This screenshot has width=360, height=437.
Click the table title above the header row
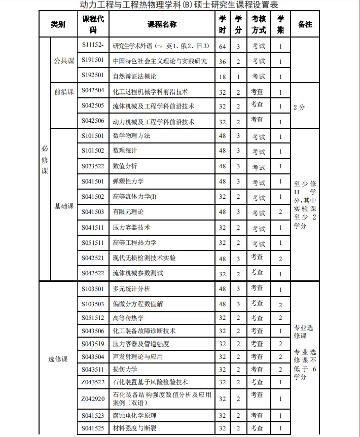tap(179, 5)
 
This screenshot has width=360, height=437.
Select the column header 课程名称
tap(162, 24)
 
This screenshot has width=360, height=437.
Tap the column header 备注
tap(305, 24)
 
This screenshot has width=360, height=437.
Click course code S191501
tap(93, 60)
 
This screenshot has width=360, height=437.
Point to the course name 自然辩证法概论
tap(134, 76)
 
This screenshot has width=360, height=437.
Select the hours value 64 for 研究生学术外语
tap(222, 46)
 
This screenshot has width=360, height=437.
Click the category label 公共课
tap(64, 61)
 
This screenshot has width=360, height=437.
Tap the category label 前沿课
tap(64, 92)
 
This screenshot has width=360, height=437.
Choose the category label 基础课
tap(64, 206)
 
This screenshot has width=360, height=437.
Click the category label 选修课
tap(58, 359)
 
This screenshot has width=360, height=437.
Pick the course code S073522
tap(93, 166)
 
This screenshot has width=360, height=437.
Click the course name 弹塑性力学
tap(128, 181)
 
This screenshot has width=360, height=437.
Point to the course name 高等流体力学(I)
tap(134, 197)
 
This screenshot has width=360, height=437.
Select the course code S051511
tap(93, 242)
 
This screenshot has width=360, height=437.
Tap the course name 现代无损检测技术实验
tap(144, 258)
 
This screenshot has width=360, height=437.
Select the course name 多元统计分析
tap(131, 289)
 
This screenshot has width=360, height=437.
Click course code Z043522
tap(93, 382)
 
